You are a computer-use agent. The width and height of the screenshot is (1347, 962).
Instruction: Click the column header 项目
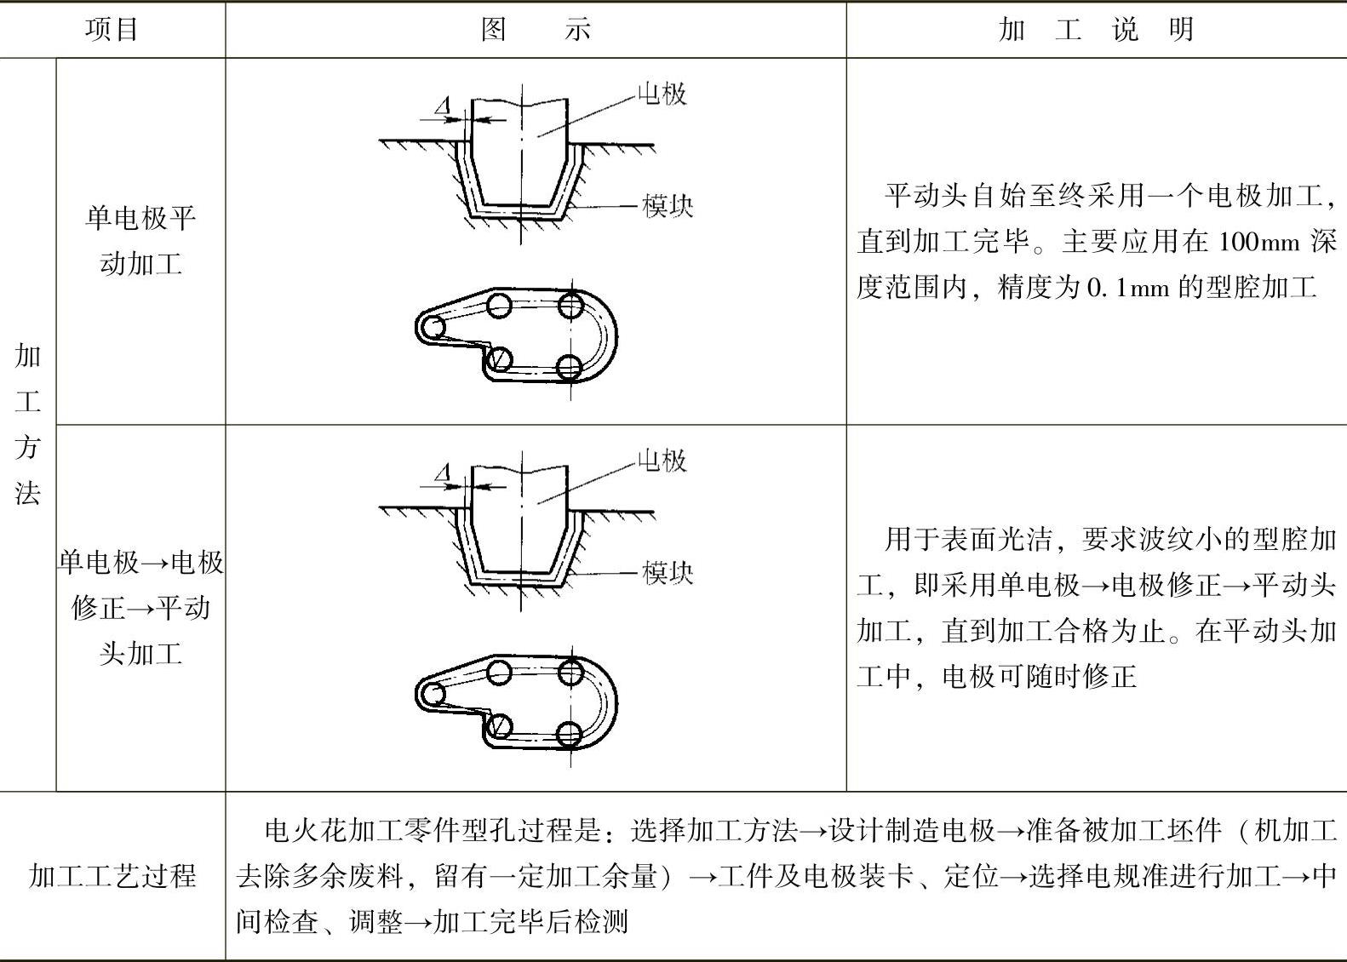tap(112, 30)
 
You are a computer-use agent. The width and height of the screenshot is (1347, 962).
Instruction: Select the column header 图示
tap(536, 30)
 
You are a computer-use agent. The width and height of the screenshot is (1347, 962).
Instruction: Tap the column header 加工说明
tap(1096, 30)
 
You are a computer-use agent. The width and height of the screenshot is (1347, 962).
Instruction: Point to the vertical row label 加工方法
tap(27, 424)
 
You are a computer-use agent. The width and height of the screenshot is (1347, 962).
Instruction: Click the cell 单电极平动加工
tap(140, 241)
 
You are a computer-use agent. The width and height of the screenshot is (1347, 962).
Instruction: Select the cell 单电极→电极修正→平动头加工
tap(140, 607)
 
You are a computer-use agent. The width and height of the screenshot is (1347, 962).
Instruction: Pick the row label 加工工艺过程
tap(112, 875)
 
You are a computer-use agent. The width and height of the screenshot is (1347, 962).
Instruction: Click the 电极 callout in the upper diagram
tap(662, 94)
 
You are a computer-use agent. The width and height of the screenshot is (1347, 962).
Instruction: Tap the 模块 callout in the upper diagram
tap(668, 206)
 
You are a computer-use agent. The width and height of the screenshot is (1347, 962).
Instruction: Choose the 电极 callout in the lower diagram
tap(662, 461)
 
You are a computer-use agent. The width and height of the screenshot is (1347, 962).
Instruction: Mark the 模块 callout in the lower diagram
tap(668, 573)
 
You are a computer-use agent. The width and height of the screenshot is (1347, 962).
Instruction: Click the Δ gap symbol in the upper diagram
tap(442, 107)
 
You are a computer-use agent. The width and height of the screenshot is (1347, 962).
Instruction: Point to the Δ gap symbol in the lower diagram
tap(442, 474)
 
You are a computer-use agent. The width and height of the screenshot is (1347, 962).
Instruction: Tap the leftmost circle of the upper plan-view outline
tap(433, 327)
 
